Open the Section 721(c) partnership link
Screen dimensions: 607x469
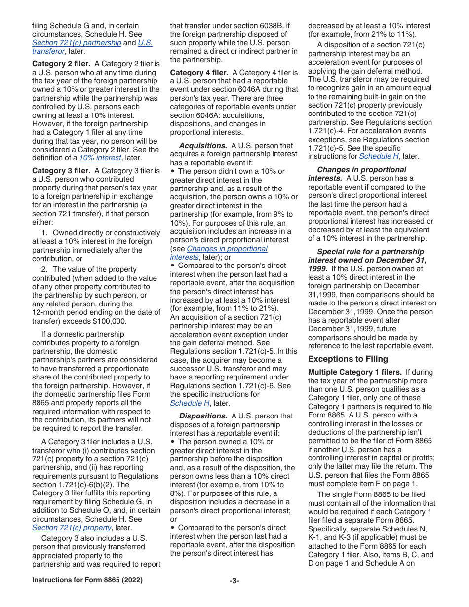coord(77,43)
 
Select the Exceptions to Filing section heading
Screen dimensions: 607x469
coord(348,359)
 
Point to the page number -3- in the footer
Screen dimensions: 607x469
coord(234,581)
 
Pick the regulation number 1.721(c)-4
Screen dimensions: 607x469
coord(328,131)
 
